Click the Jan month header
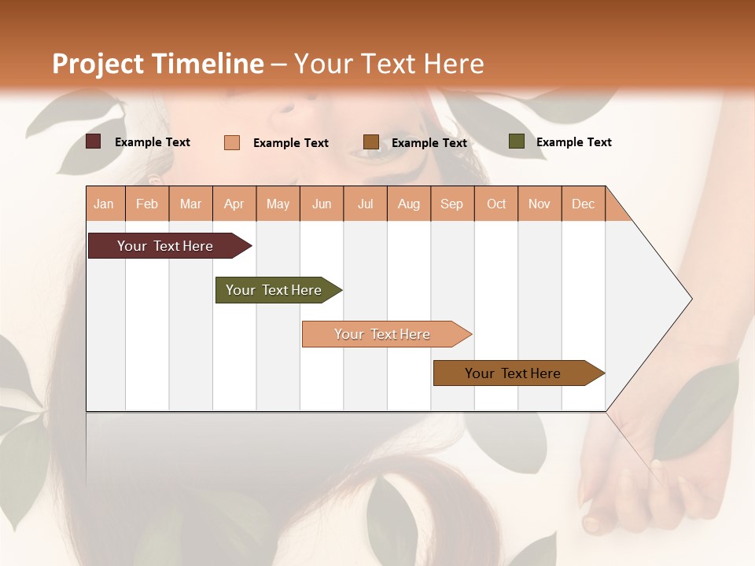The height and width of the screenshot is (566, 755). click(105, 204)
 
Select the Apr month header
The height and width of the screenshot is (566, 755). click(234, 204)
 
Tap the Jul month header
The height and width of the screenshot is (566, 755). click(366, 204)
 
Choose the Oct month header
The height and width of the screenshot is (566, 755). click(496, 204)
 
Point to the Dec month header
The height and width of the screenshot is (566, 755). click(583, 204)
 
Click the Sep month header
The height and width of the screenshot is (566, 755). click(452, 204)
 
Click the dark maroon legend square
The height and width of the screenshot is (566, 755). click(94, 141)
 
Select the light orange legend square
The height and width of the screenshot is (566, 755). click(232, 142)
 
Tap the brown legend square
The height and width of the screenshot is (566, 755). click(371, 141)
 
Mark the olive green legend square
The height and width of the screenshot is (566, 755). click(517, 141)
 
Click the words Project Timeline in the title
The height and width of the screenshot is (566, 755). click(157, 64)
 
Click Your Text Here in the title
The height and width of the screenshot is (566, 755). click(389, 64)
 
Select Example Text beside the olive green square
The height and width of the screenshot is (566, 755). click(573, 142)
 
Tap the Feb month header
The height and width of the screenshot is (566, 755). click(147, 204)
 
